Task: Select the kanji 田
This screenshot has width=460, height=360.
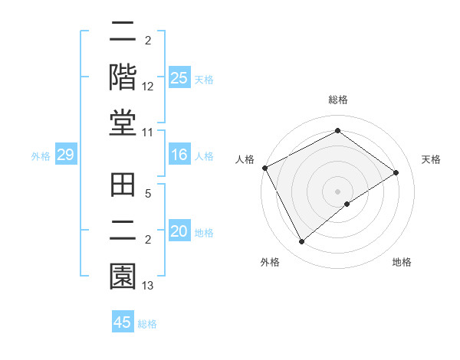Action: (x=123, y=185)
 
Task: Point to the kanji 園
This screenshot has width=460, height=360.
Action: (x=123, y=275)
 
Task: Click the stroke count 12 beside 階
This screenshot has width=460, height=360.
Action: (x=148, y=87)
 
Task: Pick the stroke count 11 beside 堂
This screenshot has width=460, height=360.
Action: (x=148, y=133)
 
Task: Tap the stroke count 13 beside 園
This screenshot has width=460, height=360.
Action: (x=148, y=286)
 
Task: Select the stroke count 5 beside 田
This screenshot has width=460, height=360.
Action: (x=148, y=195)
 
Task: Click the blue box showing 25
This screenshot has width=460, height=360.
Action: (x=179, y=77)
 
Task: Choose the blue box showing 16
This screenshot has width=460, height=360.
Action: (x=179, y=155)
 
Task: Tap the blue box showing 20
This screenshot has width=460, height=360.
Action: (x=179, y=231)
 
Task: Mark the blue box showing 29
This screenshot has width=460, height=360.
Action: (x=65, y=155)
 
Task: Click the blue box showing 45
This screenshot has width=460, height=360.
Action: (x=123, y=322)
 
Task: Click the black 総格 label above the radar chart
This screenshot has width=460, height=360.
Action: (x=337, y=100)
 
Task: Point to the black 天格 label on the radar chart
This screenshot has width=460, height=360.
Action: (x=432, y=159)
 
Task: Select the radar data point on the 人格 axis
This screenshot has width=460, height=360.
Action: (x=264, y=168)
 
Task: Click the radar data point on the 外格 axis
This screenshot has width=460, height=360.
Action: (x=301, y=242)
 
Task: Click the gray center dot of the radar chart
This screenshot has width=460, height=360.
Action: (x=337, y=191)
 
